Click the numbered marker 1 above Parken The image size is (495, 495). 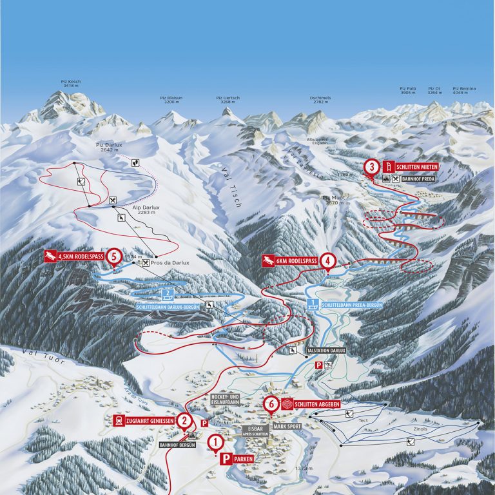click(x=216, y=442)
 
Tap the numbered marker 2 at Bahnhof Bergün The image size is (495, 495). click(x=185, y=422)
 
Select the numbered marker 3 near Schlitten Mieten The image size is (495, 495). click(x=371, y=167)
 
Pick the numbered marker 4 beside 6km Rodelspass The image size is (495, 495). click(x=328, y=260)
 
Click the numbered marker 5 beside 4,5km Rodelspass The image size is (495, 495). click(x=113, y=257)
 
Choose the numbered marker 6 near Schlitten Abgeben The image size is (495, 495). click(x=271, y=404)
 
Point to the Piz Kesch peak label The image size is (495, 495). click(x=70, y=84)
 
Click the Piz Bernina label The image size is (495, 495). click(x=464, y=90)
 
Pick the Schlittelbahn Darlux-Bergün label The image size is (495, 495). click(x=168, y=307)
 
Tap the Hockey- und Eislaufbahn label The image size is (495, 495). click(x=225, y=399)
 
